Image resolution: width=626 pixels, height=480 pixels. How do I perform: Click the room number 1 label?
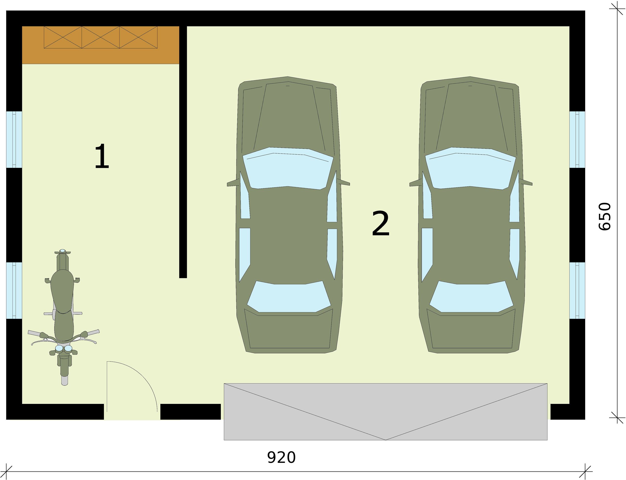tap(102, 156)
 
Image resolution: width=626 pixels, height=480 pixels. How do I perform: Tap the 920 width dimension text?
tap(281, 457)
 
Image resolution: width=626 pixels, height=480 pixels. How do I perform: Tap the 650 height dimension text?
tap(604, 216)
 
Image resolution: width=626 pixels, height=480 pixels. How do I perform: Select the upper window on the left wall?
tap(14, 139)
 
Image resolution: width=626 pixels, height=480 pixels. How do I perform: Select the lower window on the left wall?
tap(14, 290)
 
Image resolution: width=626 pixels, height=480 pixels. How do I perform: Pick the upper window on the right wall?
tap(577, 139)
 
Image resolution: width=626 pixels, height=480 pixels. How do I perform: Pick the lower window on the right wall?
tap(577, 290)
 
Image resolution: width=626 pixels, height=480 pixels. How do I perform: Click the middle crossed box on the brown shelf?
tap(101, 37)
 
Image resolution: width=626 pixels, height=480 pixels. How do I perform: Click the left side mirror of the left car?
tap(232, 183)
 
